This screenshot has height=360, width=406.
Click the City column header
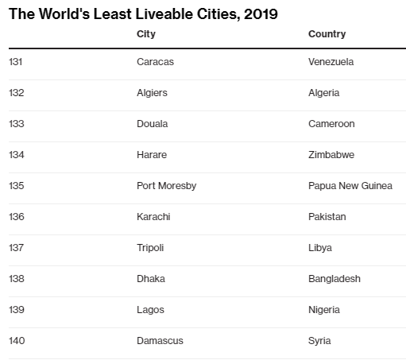tap(145, 34)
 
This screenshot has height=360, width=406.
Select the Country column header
tap(327, 34)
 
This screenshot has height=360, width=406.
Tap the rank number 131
tap(17, 62)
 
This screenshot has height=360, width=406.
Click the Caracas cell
tap(155, 62)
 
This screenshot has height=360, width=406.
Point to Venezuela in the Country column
tap(331, 62)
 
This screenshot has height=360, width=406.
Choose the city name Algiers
tap(153, 93)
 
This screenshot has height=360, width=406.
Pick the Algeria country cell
tap(323, 93)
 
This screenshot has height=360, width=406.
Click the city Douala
tap(153, 124)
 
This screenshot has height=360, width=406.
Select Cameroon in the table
tap(331, 124)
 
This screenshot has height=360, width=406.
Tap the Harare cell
tap(152, 155)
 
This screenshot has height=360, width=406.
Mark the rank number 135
tap(17, 186)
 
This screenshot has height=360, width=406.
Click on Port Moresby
tap(166, 186)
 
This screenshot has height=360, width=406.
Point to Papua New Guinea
tap(350, 186)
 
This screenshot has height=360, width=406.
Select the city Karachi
tap(153, 217)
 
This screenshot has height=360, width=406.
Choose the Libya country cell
tap(319, 248)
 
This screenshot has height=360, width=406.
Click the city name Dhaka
tap(151, 279)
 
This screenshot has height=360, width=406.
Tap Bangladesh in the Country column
tap(334, 279)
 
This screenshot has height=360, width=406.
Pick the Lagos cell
tap(150, 310)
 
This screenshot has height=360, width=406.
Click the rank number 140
tap(17, 341)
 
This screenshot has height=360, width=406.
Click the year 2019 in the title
tap(260, 14)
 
